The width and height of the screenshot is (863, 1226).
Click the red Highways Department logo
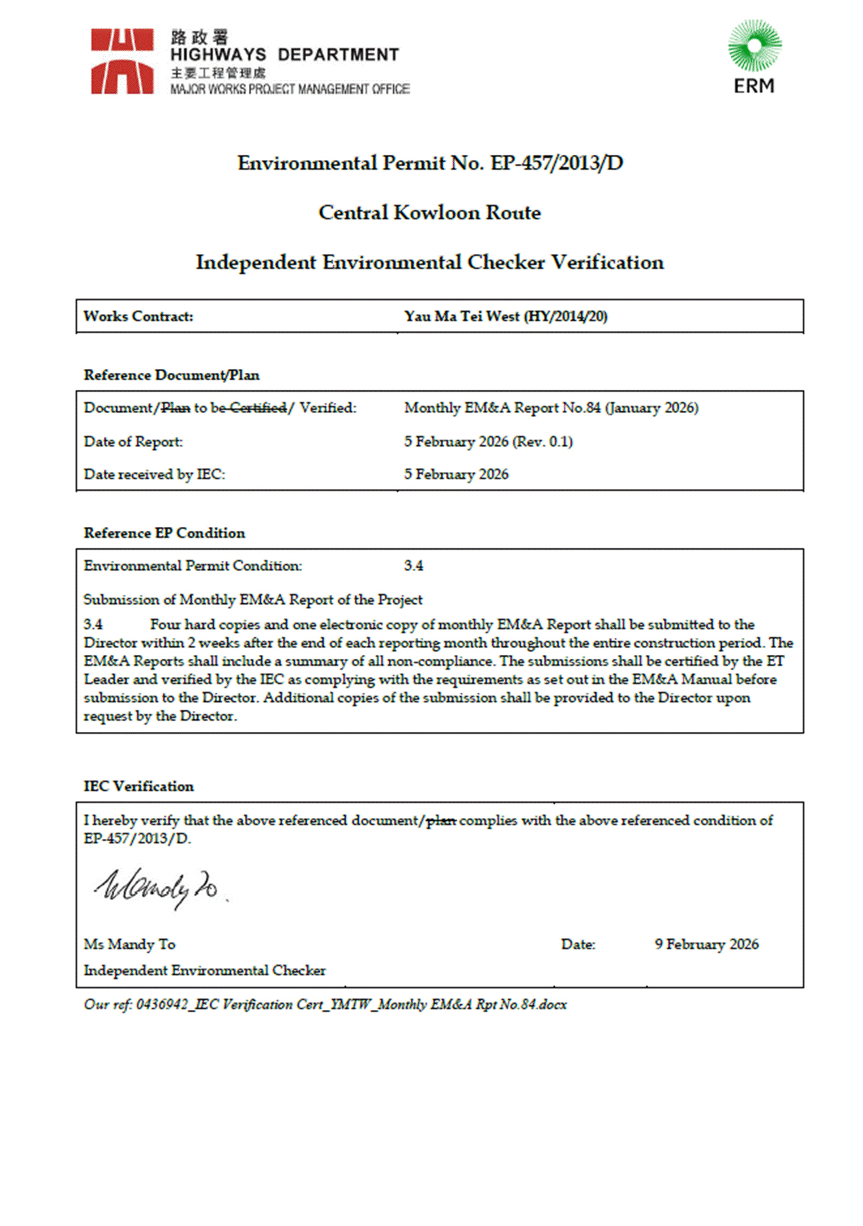(122, 61)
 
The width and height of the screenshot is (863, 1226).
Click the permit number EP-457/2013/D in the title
(556, 163)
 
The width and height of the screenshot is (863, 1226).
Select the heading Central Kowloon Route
(430, 213)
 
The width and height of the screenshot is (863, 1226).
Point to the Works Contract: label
(138, 317)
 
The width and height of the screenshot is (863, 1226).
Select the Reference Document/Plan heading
(172, 375)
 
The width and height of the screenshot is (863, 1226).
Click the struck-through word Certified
(259, 408)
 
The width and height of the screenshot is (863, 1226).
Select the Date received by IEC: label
(154, 475)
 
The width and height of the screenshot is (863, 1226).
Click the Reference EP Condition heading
(165, 533)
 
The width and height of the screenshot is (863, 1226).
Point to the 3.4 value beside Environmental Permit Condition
(413, 566)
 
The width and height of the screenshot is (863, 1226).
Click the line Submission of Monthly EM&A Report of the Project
(253, 600)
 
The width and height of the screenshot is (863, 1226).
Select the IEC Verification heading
(138, 787)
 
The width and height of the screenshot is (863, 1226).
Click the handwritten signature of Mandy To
(157, 887)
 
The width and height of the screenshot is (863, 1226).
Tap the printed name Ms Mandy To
(129, 945)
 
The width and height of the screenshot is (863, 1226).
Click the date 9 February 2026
(706, 945)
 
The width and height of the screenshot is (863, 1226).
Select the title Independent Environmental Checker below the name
(204, 971)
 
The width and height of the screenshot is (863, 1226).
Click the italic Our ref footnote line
(325, 1005)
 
